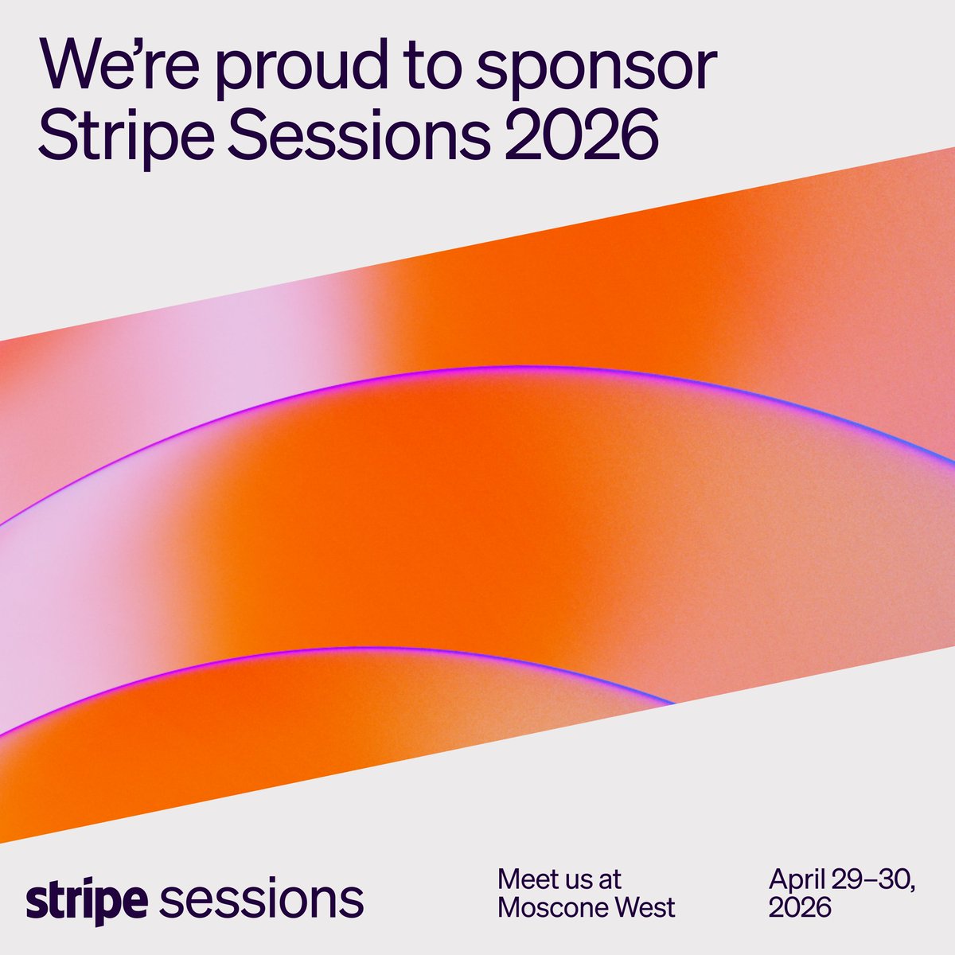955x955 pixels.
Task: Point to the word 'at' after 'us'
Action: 610,879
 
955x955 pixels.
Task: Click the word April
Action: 797,880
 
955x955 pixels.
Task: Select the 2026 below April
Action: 800,906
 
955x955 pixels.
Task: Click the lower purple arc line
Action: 358,648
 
